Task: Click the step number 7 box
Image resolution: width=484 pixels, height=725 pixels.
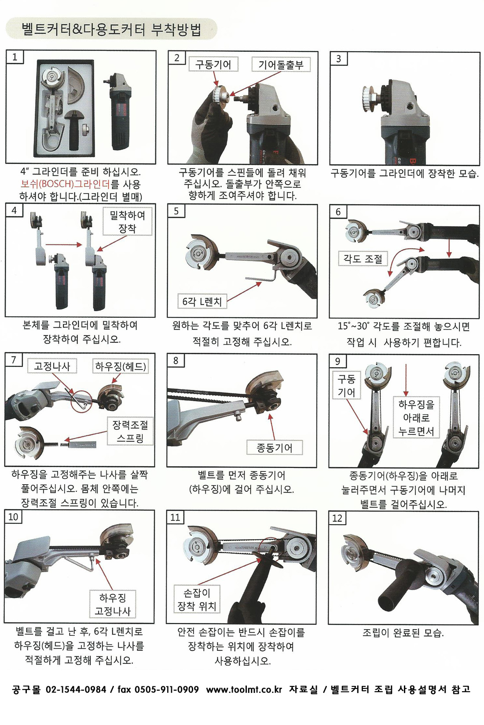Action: coord(14,360)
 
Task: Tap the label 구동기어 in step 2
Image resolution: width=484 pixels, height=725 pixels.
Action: coord(213,65)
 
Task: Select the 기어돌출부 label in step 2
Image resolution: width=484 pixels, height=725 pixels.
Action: coord(281,65)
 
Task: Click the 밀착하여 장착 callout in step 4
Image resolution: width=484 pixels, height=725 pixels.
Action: coord(128,222)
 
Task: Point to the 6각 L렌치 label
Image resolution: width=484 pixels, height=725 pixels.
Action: coord(202,301)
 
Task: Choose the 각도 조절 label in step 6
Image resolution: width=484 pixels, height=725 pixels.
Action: coord(363,259)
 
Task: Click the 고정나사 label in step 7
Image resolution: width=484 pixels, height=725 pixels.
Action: coord(52,366)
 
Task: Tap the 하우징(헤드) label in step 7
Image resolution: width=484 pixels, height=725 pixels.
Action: coord(121,366)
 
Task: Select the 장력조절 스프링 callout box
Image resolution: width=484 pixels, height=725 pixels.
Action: coord(130,431)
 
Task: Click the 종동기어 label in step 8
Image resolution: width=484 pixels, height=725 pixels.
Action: coord(275,448)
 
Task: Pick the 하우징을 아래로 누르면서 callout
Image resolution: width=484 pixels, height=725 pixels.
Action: coord(416,417)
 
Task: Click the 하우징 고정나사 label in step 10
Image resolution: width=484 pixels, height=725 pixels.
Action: coord(113,604)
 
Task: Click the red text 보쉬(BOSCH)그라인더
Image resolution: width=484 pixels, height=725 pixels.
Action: coord(65,184)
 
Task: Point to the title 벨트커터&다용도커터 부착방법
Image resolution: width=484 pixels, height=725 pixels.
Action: coord(111,30)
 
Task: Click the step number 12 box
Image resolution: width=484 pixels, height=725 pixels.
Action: coord(337,518)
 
